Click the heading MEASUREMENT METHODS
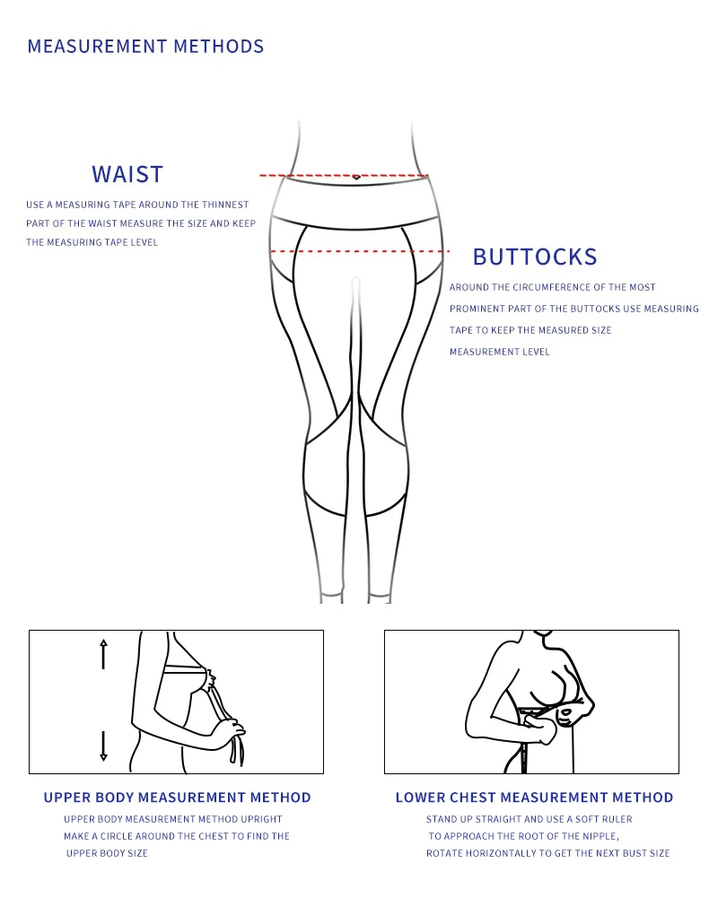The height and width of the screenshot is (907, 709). point(145,47)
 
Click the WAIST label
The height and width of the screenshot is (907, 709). point(127,174)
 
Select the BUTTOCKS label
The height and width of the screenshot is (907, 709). point(534,257)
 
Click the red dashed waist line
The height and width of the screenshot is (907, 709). point(305,176)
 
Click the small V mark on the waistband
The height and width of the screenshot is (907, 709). point(356,178)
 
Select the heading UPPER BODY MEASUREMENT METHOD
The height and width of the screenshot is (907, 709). point(177,798)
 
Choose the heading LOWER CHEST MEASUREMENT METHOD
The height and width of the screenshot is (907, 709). point(534,798)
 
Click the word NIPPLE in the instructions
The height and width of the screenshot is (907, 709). point(598,836)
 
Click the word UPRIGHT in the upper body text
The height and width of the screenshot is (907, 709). point(261,819)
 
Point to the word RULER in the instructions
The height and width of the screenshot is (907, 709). point(617,819)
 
